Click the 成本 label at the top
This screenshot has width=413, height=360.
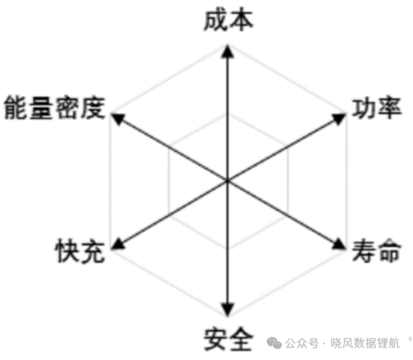coord(228,20)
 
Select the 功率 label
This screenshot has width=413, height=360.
coord(377,108)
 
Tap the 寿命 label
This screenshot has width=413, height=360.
coord(377,251)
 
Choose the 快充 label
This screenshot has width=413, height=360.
coord(80,251)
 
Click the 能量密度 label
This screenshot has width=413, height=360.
coord(54,108)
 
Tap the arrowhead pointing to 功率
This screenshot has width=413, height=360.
coord(339,119)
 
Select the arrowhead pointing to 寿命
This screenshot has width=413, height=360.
coord(339,244)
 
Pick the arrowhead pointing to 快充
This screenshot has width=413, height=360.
coord(117,243)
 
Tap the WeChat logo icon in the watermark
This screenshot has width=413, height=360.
coord(274,343)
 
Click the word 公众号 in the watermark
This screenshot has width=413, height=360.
coord(302,343)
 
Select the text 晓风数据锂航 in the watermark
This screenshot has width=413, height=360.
coord(365,343)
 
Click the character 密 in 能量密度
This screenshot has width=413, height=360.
coord(67,108)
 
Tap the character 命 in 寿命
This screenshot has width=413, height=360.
coord(390,251)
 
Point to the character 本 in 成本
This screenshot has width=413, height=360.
coord(241,20)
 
